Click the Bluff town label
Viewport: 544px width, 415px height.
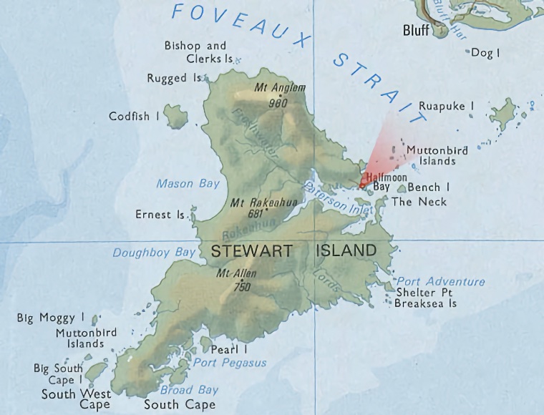416,30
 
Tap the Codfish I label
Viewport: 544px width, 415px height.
134,116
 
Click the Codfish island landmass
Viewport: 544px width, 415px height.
175,115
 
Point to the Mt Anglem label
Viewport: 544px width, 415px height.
280,88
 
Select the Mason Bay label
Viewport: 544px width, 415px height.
188,184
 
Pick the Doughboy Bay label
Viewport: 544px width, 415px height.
154,253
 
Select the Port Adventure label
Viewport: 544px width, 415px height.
440,282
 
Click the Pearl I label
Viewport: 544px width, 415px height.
229,350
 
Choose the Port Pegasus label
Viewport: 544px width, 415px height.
230,363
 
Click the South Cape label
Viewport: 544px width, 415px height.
180,405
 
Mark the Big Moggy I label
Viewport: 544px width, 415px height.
51,318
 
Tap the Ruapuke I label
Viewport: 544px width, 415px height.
446,106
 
